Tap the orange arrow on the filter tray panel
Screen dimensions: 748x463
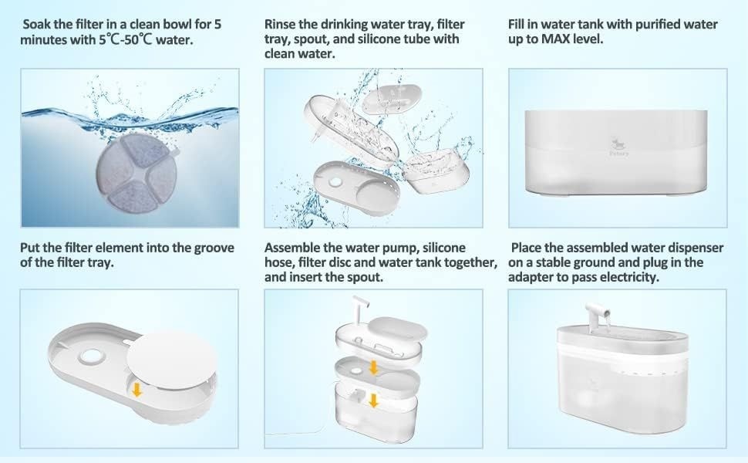pos(137,390)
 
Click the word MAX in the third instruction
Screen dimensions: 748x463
pos(557,39)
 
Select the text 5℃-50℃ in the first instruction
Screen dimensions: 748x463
pos(126,39)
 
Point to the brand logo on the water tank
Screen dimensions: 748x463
pos(618,147)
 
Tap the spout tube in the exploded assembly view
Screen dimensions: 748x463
pos(359,309)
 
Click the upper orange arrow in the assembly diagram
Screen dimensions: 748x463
pos(373,367)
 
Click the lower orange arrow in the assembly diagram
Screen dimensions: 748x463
pos(373,400)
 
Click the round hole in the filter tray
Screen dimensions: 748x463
pos(91,357)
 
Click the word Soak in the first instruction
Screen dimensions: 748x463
pos(36,25)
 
